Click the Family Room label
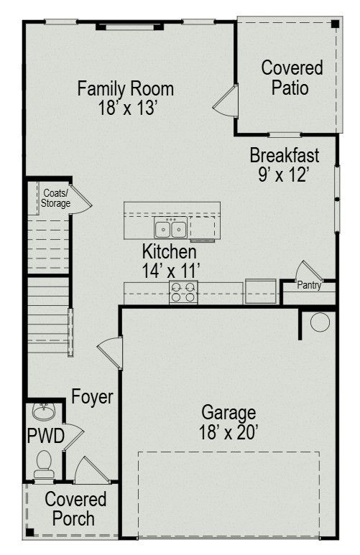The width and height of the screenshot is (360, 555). (x=126, y=88)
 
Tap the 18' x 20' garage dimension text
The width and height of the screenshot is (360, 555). (x=228, y=432)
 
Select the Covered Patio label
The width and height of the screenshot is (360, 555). (x=292, y=78)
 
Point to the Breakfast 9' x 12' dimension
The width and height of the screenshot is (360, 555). (x=284, y=174)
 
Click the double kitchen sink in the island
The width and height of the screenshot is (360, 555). (x=171, y=228)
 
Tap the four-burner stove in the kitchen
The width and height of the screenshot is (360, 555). (x=183, y=292)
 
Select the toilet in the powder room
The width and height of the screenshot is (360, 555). (x=44, y=465)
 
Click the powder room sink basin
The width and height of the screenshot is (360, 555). (x=44, y=411)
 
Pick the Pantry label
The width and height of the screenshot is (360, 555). (x=309, y=285)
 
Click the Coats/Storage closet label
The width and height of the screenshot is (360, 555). (x=55, y=198)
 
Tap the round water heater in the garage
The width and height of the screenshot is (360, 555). (x=320, y=322)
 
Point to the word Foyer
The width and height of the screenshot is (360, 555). (x=92, y=397)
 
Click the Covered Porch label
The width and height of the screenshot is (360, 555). (x=75, y=509)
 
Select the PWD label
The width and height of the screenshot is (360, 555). (x=46, y=436)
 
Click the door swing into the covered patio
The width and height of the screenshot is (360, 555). (x=226, y=101)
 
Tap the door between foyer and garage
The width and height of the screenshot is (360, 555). (x=110, y=353)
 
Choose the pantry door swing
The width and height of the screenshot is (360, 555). (x=309, y=271)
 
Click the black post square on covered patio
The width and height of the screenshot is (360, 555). (x=335, y=24)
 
